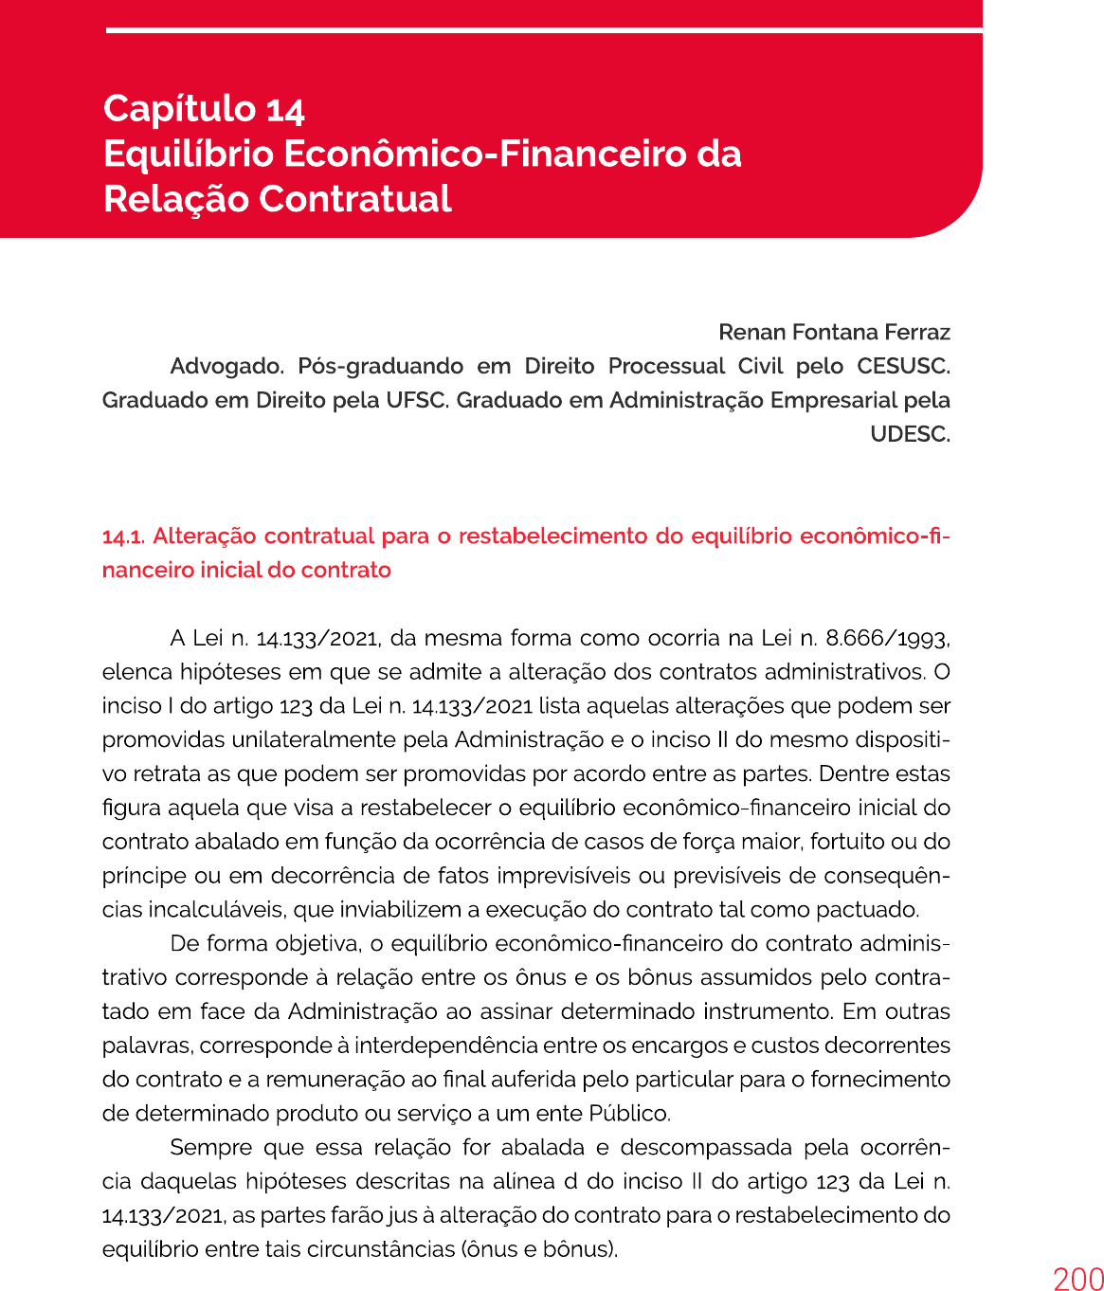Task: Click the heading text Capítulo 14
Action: tap(204, 109)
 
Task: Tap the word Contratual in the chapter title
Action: tap(355, 199)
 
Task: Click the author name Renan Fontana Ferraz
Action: tap(834, 333)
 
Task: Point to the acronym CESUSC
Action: tap(903, 367)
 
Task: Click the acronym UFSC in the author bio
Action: tap(416, 400)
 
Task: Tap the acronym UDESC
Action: tap(910, 434)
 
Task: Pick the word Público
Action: tap(628, 1114)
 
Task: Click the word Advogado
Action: tap(227, 367)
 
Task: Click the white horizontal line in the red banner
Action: tap(544, 30)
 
